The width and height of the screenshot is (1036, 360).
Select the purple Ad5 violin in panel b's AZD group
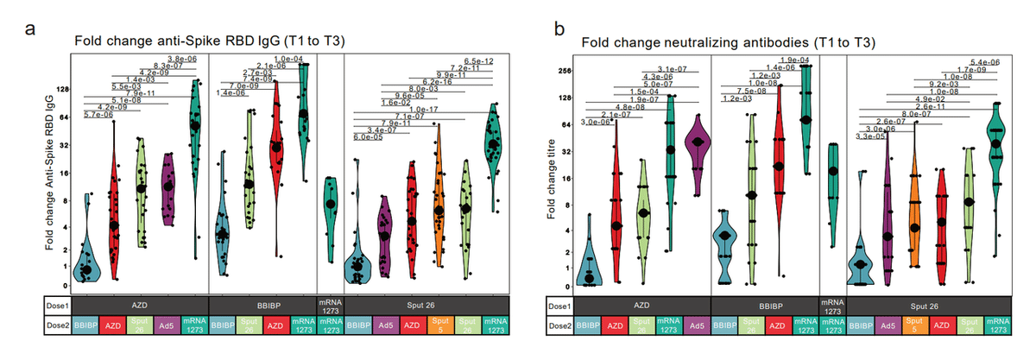pyautogui.click(x=696, y=142)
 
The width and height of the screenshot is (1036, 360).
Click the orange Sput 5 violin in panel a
pyautogui.click(x=439, y=207)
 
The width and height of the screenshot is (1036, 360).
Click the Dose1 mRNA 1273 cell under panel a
pyautogui.click(x=330, y=305)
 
